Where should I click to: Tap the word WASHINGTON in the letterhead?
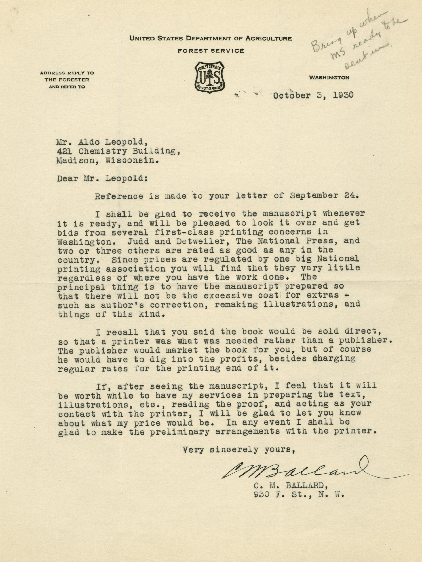(x=329, y=78)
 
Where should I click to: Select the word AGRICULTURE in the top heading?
(x=268, y=39)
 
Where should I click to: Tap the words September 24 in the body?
(x=332, y=196)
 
